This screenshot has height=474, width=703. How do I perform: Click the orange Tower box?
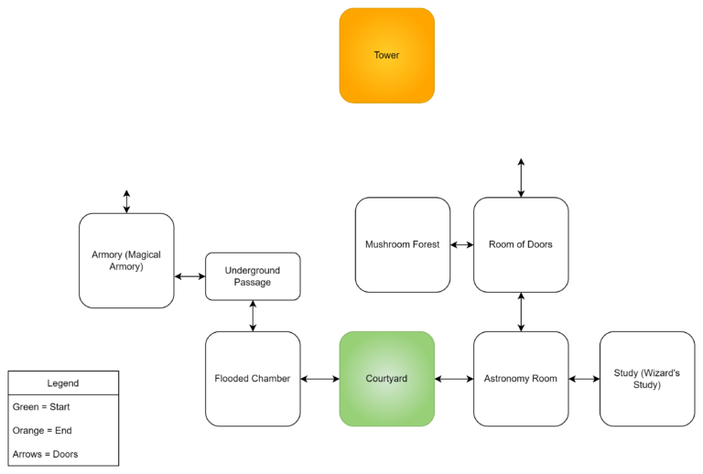[386, 56]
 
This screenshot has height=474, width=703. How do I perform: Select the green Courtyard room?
[386, 379]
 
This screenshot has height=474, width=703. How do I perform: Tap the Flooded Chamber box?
[253, 379]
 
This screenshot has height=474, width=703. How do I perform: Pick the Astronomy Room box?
[521, 379]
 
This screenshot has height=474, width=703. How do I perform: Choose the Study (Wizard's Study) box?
[646, 379]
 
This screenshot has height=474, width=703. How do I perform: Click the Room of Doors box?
[521, 244]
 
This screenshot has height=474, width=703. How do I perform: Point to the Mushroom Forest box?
[403, 244]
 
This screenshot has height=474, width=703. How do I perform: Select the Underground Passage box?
[253, 276]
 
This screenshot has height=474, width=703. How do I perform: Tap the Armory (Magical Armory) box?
[126, 261]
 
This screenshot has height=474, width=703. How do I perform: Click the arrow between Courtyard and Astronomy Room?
[454, 379]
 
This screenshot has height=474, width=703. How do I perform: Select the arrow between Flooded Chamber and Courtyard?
[319, 379]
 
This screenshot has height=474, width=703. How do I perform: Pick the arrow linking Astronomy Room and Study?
[584, 379]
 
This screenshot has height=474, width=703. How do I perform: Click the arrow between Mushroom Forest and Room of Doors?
[461, 245]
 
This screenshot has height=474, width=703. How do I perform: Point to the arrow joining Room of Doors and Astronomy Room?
[521, 312]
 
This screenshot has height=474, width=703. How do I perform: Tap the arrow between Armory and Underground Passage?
[189, 276]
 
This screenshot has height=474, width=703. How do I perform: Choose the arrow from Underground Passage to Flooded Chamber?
[253, 316]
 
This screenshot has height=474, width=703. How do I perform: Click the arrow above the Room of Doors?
[521, 178]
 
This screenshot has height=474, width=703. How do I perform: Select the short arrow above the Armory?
[126, 201]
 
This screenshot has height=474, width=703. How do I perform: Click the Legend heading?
[63, 383]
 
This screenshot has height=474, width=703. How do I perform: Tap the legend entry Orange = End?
[42, 430]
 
